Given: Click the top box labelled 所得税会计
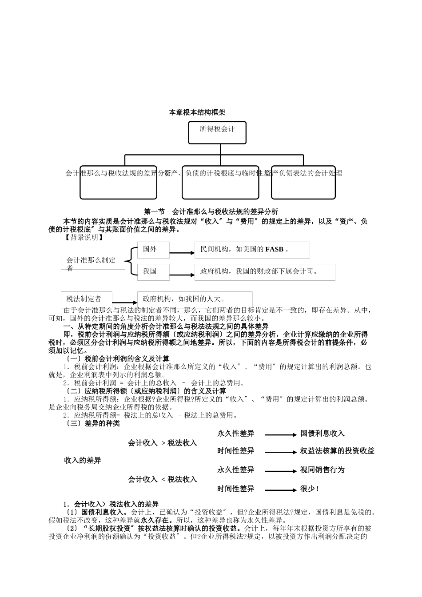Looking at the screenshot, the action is point(217,132).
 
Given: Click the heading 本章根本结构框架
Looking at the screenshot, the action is point(197,112).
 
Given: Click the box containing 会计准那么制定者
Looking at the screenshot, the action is point(91,261).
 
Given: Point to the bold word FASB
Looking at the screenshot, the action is point(274,250).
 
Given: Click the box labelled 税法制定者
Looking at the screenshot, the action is point(87,299).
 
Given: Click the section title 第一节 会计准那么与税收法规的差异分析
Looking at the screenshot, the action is point(211,211).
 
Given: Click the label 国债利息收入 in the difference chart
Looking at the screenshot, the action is point(322,434).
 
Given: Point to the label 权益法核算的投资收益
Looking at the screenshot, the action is point(337,451).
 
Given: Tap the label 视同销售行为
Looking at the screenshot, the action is point(322,470).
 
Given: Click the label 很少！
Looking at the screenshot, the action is point(310,489).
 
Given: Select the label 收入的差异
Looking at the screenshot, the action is point(83,460).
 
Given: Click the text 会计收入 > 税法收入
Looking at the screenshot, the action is point(163,443).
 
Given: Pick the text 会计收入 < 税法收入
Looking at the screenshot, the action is point(163,479).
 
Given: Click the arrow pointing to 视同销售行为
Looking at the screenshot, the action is point(281,471).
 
